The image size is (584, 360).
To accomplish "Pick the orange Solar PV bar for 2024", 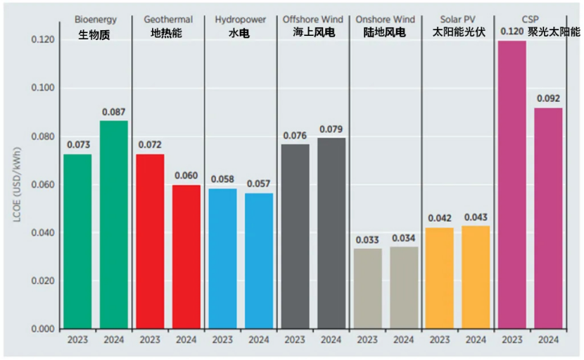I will pos(476,277).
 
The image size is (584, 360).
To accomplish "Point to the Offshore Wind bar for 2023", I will pos(295,236).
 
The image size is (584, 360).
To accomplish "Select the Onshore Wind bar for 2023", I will pos(367,288).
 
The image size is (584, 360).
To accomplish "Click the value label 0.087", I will pos(113,112).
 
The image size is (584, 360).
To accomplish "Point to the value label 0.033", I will pos(367,240).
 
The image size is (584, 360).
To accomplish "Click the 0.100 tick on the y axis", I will pos(42,89).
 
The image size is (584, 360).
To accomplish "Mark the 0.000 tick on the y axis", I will pos(42,329).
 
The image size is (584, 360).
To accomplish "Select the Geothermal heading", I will pos(167,20).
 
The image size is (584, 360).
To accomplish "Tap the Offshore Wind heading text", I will pos(312,20).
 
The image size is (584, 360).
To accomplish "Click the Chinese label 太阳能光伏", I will pos(457,33).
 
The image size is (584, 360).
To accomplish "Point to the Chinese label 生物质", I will pos(95,33).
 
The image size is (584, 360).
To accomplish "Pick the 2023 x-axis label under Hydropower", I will pos(222,340).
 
